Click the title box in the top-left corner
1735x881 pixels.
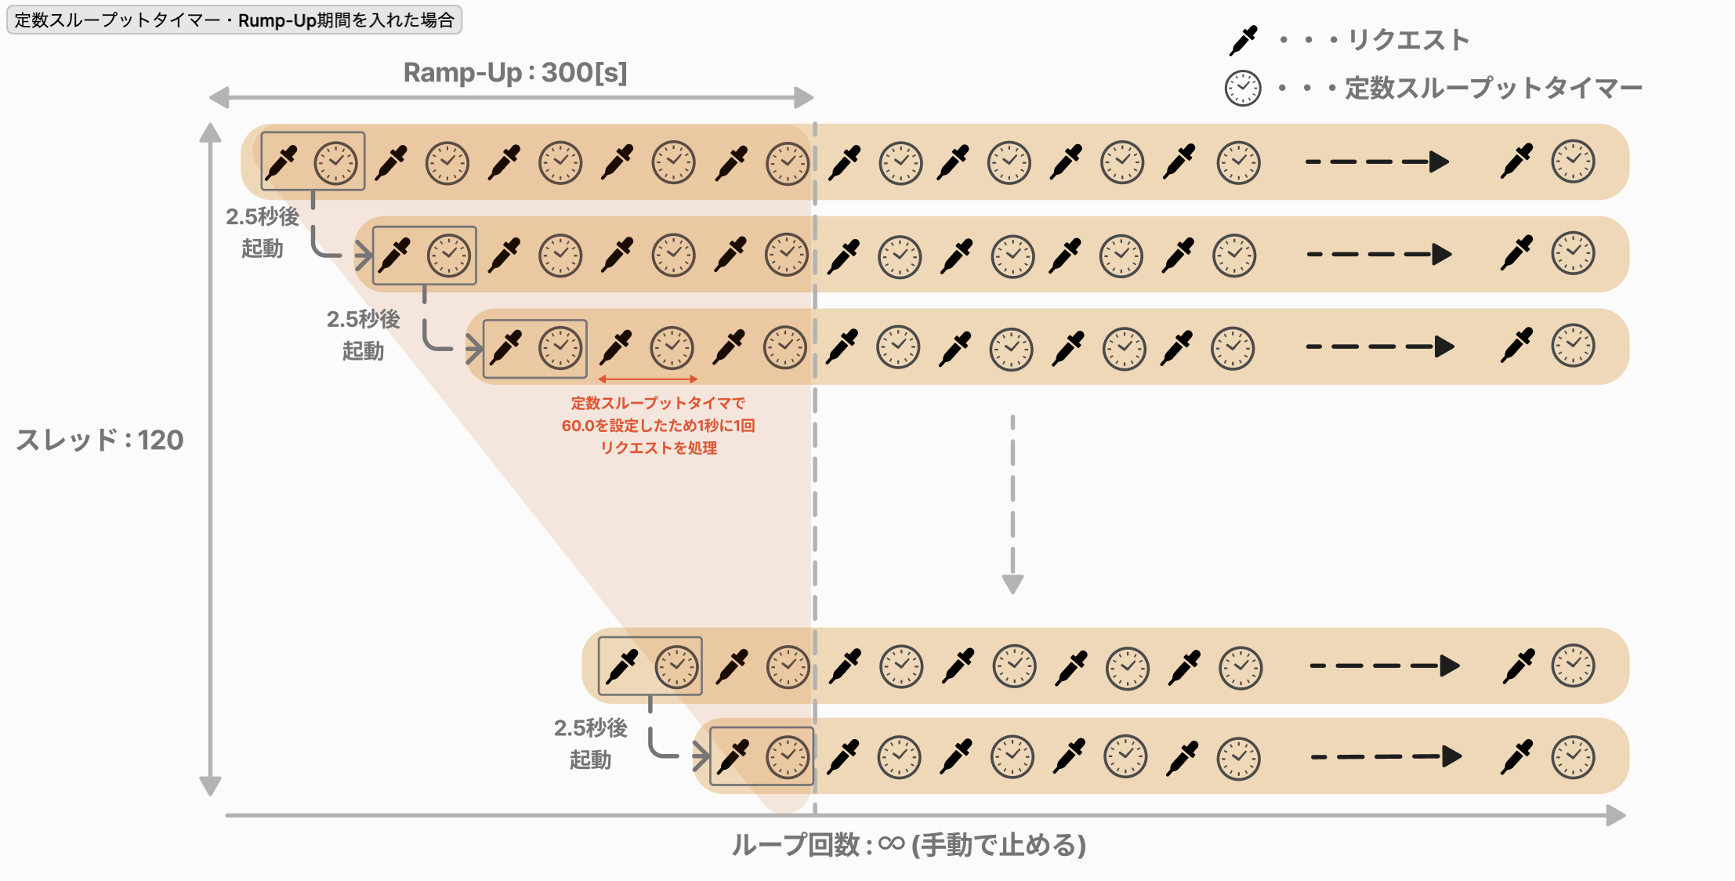click(x=234, y=20)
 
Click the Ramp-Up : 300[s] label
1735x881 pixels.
click(x=515, y=73)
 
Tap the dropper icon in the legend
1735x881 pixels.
click(x=1244, y=40)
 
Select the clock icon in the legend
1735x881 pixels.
click(x=1243, y=88)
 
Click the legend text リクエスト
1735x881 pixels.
click(x=1408, y=40)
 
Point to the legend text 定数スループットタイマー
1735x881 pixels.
click(x=1494, y=88)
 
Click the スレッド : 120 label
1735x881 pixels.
click(x=100, y=440)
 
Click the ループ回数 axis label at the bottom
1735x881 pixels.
click(x=908, y=845)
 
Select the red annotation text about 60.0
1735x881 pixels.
click(x=658, y=426)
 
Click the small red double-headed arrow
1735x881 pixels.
click(x=647, y=379)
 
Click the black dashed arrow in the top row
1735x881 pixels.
click(x=1377, y=162)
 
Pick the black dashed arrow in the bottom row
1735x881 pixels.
click(x=1386, y=756)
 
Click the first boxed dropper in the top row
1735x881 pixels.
click(x=282, y=162)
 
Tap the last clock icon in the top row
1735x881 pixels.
click(x=1573, y=161)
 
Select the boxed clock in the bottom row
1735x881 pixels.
click(x=788, y=756)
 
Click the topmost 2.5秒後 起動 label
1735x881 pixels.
click(x=263, y=232)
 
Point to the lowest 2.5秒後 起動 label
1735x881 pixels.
click(x=591, y=743)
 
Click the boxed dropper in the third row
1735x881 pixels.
click(x=506, y=348)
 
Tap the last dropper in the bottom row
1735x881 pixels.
click(x=1518, y=756)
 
